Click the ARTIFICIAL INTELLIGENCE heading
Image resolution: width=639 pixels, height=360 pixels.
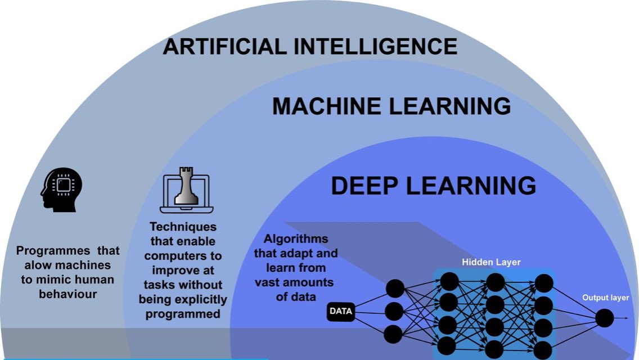pos(309,46)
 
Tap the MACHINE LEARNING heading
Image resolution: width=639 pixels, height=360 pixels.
pos(391,106)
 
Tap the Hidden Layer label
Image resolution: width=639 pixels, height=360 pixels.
pos(491,262)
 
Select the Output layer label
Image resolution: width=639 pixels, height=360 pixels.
pos(605,298)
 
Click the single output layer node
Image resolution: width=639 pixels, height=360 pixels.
pos(605,318)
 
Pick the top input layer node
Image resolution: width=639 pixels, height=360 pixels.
pos(394,289)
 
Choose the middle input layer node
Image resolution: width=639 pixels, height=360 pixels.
pos(394,311)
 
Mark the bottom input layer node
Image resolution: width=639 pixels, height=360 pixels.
pos(394,334)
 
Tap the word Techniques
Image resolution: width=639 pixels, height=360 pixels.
pos(183,227)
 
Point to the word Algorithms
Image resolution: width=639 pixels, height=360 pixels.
pos(296,239)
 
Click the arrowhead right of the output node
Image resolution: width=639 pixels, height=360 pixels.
pos(626,318)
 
